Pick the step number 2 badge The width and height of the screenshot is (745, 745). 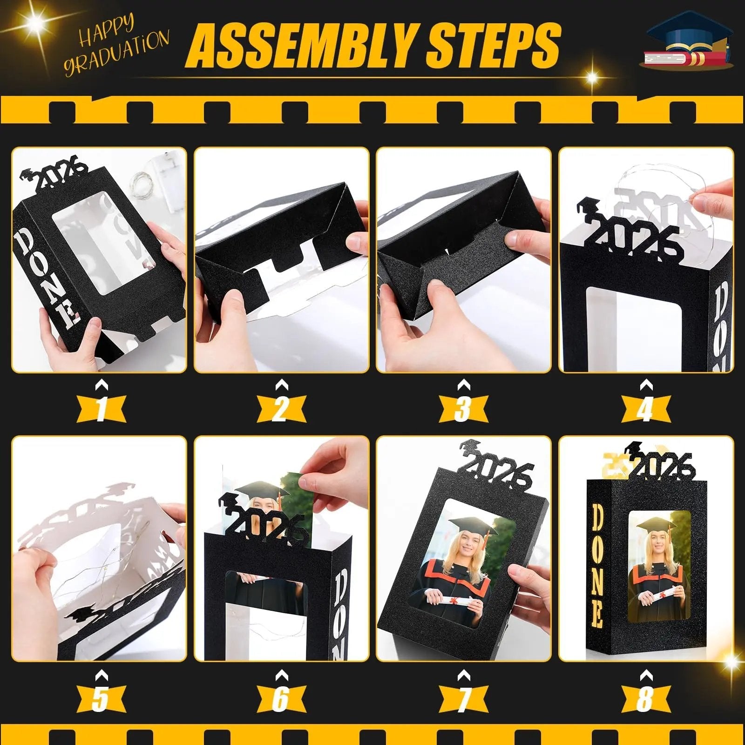(281, 409)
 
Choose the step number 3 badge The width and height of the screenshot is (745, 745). (463, 409)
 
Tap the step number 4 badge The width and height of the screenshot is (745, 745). (645, 409)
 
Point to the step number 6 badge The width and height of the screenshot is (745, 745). (281, 698)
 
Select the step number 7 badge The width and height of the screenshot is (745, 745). (463, 698)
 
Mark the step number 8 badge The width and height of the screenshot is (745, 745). (645, 698)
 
